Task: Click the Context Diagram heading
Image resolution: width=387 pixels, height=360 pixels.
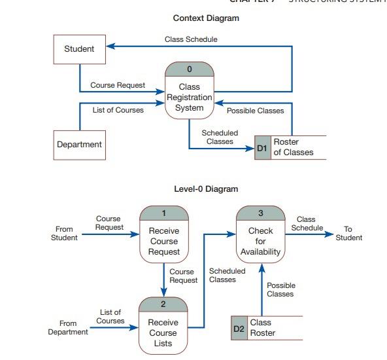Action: pyautogui.click(x=206, y=18)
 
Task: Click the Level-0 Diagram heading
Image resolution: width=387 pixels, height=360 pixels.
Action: pyautogui.click(x=206, y=189)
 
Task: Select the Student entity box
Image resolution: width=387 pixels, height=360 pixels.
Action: pyautogui.click(x=79, y=48)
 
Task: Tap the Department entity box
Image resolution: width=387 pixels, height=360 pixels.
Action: pyautogui.click(x=79, y=145)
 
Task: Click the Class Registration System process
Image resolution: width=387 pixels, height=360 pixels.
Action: pyautogui.click(x=190, y=97)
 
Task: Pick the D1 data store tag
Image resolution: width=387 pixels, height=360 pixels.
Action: pyautogui.click(x=262, y=148)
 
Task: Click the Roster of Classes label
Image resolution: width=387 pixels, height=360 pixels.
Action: pyautogui.click(x=293, y=147)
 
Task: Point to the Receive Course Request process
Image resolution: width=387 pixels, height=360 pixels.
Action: pyautogui.click(x=163, y=241)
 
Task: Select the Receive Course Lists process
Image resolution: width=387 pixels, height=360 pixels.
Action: pyautogui.click(x=163, y=333)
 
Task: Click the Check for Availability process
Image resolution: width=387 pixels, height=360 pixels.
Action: pyautogui.click(x=260, y=241)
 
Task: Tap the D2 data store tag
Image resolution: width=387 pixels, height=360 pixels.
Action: pyautogui.click(x=239, y=328)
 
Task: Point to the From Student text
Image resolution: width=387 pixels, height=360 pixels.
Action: pyautogui.click(x=64, y=233)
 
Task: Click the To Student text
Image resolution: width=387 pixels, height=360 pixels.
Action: pyautogui.click(x=348, y=233)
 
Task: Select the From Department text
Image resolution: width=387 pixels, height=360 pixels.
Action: pyautogui.click(x=67, y=328)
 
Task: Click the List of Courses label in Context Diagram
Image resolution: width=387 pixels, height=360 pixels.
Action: pyautogui.click(x=118, y=110)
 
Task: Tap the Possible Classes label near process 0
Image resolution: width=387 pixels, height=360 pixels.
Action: pyautogui.click(x=255, y=111)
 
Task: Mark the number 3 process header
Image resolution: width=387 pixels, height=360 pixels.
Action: pyautogui.click(x=260, y=213)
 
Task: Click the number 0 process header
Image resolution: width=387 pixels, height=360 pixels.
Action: pyautogui.click(x=190, y=69)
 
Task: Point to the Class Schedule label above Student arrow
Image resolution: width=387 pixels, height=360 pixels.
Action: pyautogui.click(x=191, y=39)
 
